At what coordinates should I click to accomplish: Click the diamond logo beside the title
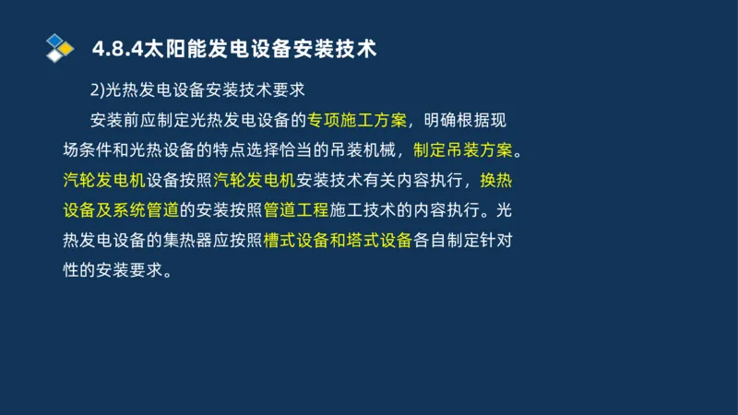[x=60, y=48]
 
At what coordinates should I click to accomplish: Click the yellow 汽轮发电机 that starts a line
[x=99, y=180]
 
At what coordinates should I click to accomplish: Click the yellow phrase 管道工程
[x=295, y=210]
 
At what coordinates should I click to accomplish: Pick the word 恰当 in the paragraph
[x=278, y=149]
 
